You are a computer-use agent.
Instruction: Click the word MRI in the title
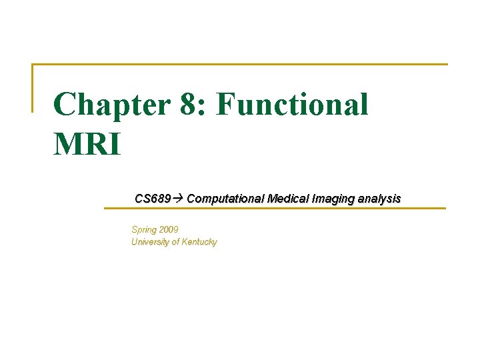pos(87,144)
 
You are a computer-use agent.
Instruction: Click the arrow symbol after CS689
pos(179,199)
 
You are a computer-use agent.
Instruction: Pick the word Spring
pos(145,230)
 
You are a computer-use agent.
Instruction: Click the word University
pos(151,242)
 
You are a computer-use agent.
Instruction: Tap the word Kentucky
pos(201,242)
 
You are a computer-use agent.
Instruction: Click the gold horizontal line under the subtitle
pos(273,209)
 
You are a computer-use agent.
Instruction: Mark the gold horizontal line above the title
pos(240,65)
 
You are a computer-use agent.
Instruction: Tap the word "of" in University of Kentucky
pos(177,242)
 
